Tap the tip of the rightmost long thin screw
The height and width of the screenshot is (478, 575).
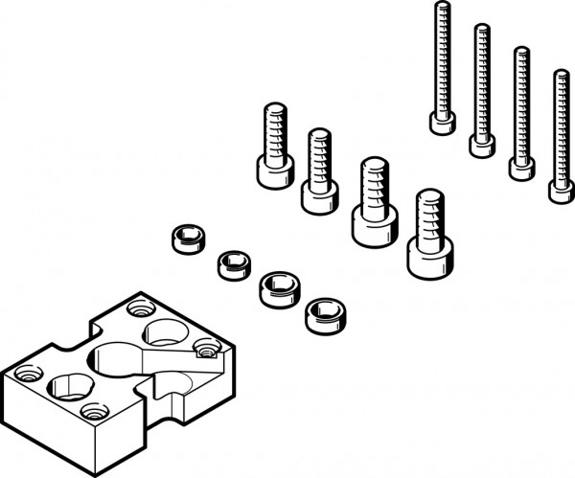click(x=561, y=75)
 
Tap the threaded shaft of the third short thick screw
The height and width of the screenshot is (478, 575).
click(x=371, y=183)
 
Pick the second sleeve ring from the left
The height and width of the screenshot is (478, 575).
click(x=230, y=262)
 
